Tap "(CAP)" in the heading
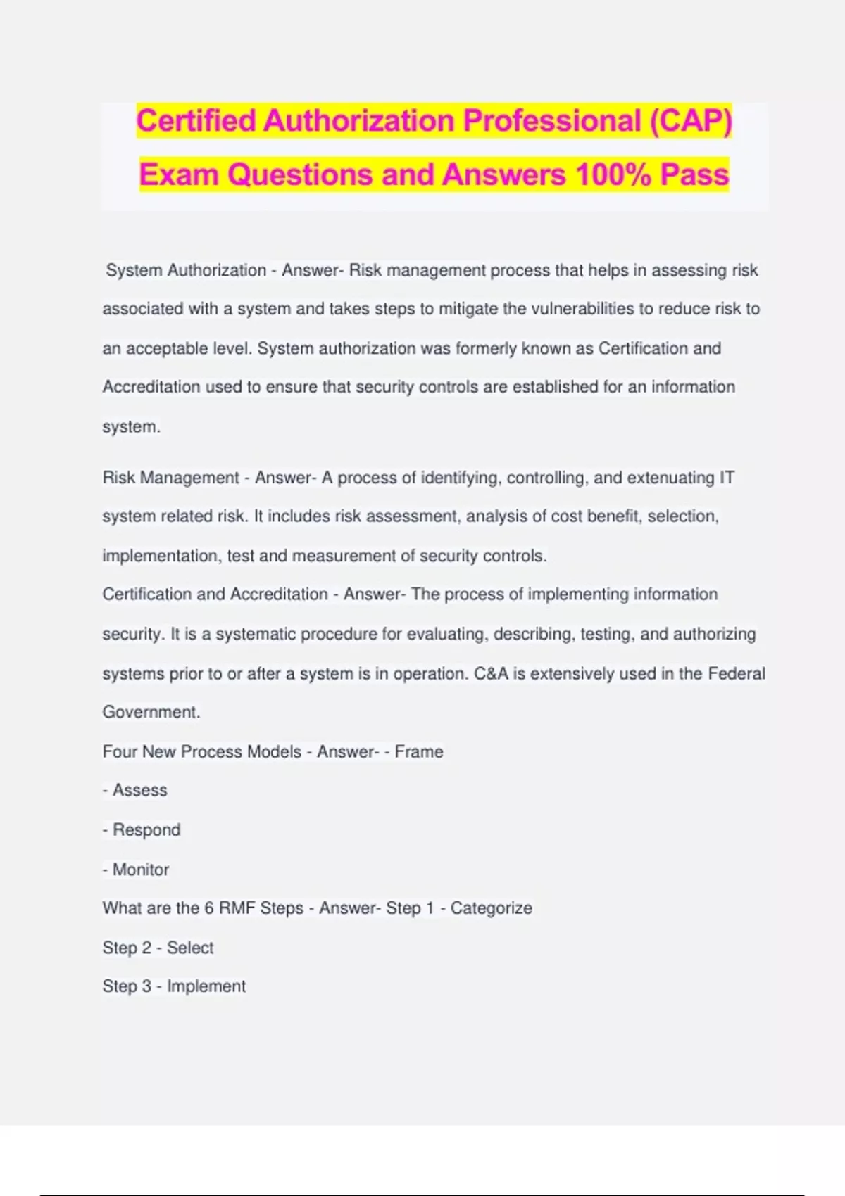tap(691, 120)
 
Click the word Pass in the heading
tap(694, 174)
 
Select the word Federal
tap(737, 673)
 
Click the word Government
tap(151, 712)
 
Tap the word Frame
tap(419, 751)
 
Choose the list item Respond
tap(146, 829)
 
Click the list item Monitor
tap(141, 870)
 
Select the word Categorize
tap(491, 908)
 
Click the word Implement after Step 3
tap(206, 986)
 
